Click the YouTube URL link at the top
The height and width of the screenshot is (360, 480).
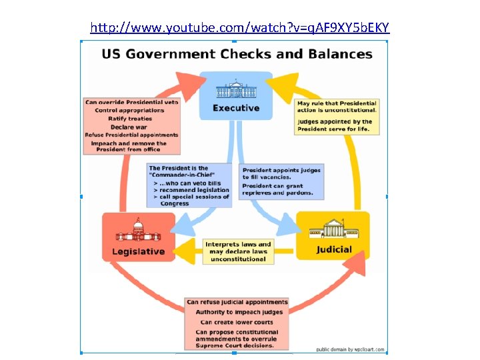pyautogui.click(x=240, y=28)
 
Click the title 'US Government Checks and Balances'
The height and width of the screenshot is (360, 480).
pyautogui.click(x=237, y=55)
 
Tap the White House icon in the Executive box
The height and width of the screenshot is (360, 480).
pyautogui.click(x=236, y=89)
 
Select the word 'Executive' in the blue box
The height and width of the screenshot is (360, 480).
pyautogui.click(x=236, y=107)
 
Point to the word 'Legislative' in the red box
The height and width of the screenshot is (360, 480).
pyautogui.click(x=138, y=251)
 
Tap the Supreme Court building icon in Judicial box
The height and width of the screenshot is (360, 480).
pyautogui.click(x=332, y=231)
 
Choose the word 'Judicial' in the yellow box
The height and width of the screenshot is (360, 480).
pyautogui.click(x=333, y=250)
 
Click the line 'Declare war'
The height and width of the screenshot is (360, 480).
pyautogui.click(x=129, y=127)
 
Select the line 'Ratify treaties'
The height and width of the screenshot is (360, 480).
pyautogui.click(x=130, y=119)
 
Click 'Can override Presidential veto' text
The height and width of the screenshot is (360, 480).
pyautogui.click(x=131, y=102)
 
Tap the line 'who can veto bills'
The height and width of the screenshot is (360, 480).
pyautogui.click(x=190, y=183)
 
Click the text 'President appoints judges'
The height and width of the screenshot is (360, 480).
pyautogui.click(x=281, y=169)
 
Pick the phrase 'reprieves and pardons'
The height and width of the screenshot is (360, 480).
pyautogui.click(x=277, y=193)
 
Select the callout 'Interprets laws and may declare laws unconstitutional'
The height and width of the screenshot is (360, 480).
pyautogui.click(x=238, y=251)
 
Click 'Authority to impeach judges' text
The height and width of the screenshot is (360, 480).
pyautogui.click(x=239, y=312)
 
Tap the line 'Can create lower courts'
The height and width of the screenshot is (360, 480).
pyautogui.click(x=238, y=322)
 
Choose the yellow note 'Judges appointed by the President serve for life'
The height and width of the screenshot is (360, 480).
pyautogui.click(x=335, y=125)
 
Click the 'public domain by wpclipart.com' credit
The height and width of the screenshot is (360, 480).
pyautogui.click(x=349, y=348)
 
